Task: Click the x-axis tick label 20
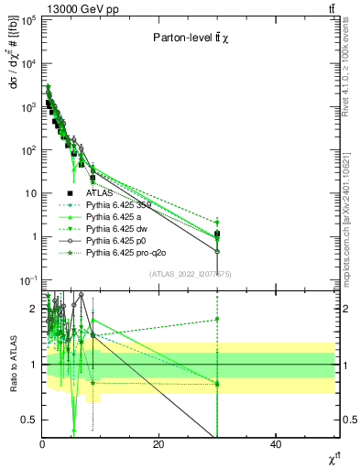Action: (x=158, y=443)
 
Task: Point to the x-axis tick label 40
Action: (x=276, y=443)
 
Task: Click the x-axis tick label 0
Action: (x=42, y=443)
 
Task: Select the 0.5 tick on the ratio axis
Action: (x=28, y=420)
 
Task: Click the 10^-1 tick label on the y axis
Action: (x=27, y=280)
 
